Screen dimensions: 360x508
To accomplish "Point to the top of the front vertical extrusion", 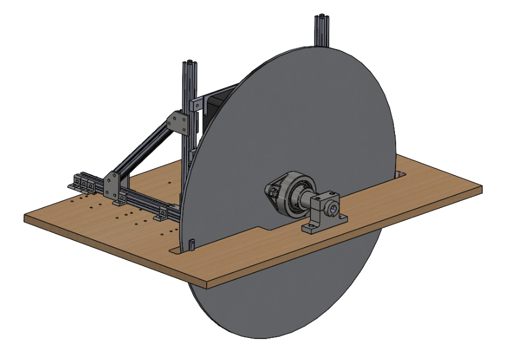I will (x=190, y=63).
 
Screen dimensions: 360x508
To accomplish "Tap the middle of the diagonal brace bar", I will (x=146, y=153).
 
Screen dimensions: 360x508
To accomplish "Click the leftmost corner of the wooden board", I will (x=25, y=217).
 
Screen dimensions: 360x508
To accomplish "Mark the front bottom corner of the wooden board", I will (x=207, y=285).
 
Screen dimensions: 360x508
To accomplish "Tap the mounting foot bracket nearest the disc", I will (x=159, y=218).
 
